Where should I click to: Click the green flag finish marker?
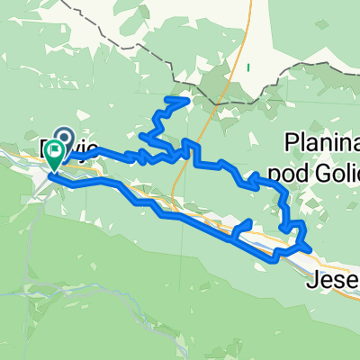click(x=55, y=155)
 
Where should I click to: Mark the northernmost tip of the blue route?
click(x=186, y=98)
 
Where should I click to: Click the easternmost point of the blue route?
click(x=310, y=247)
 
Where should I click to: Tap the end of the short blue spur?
click(x=247, y=221)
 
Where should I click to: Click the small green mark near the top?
click(x=247, y=67)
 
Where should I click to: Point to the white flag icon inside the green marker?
click(x=55, y=149)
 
